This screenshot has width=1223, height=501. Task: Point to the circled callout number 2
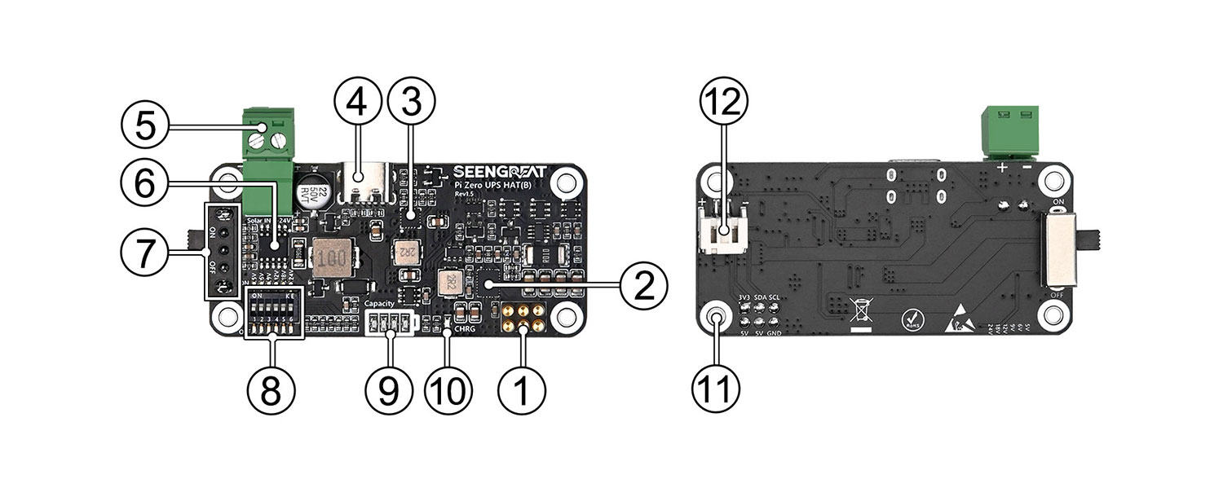click(644, 284)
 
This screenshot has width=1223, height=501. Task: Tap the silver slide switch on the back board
click(1063, 252)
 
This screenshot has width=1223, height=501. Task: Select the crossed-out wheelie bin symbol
click(859, 314)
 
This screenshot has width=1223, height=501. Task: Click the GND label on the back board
click(775, 333)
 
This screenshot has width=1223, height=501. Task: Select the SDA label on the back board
click(760, 298)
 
